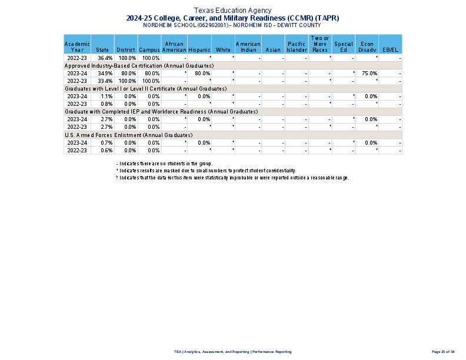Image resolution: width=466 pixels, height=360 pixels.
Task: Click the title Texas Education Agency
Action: (x=233, y=11)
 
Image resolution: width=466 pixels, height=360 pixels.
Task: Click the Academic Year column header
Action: (x=77, y=47)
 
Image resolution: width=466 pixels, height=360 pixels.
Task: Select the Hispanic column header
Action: (x=199, y=50)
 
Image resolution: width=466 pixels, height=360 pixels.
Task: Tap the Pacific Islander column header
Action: (x=297, y=47)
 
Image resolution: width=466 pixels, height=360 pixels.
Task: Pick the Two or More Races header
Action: (x=320, y=44)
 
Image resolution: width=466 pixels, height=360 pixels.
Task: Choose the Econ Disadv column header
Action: (x=367, y=47)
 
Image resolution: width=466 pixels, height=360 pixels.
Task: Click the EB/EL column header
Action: (x=390, y=50)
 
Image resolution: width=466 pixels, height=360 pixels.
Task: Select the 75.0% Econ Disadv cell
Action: (x=370, y=74)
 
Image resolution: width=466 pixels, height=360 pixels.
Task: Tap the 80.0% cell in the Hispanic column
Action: (x=203, y=74)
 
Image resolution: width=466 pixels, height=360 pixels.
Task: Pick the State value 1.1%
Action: (x=106, y=96)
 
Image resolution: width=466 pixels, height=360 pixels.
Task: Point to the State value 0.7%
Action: (x=106, y=143)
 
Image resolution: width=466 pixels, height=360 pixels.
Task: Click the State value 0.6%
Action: (x=106, y=151)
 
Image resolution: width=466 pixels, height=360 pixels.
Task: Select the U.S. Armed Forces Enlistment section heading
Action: (x=128, y=135)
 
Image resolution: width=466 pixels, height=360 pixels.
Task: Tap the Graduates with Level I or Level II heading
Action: (x=145, y=89)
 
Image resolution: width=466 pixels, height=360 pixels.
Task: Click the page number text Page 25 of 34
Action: (x=443, y=352)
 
